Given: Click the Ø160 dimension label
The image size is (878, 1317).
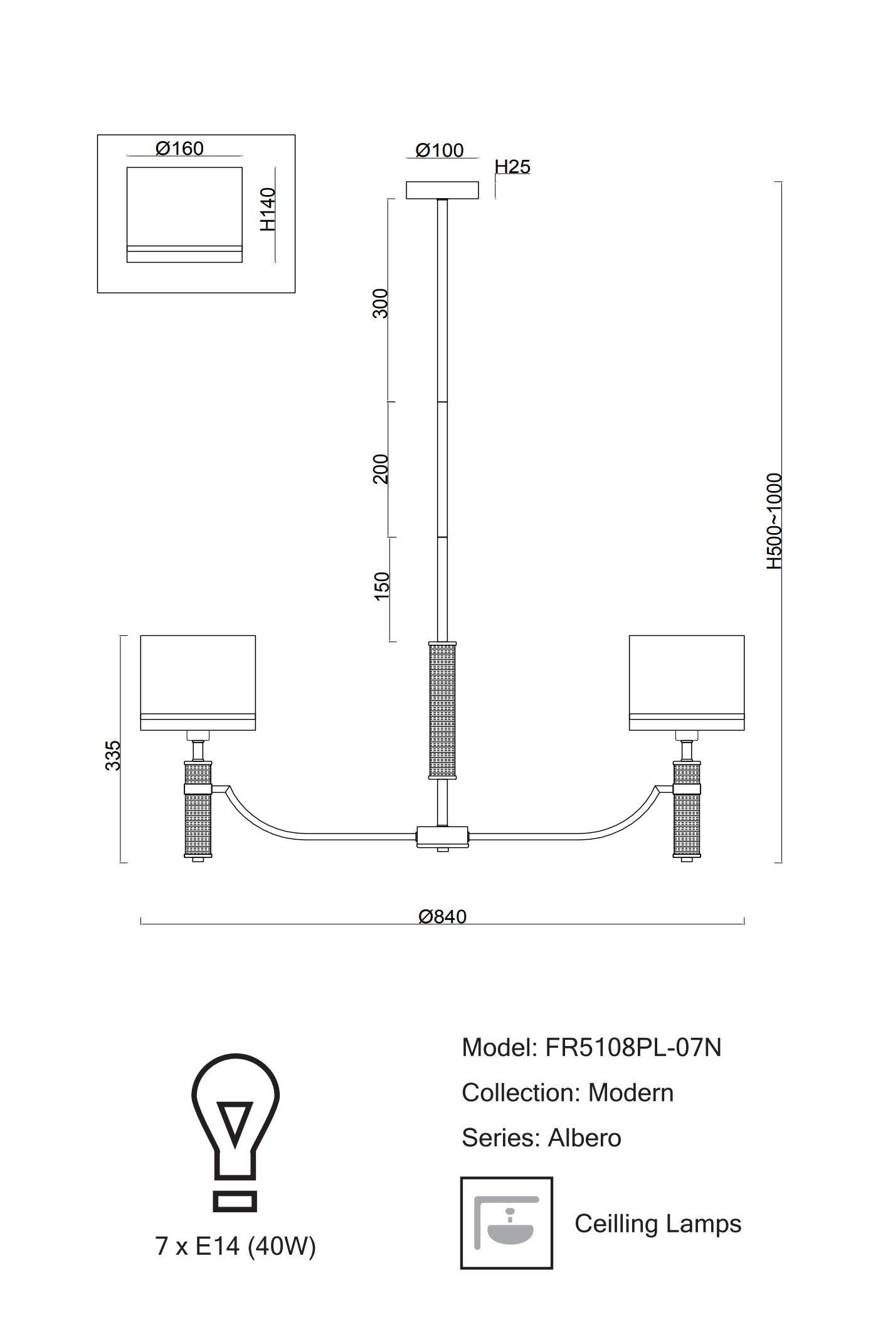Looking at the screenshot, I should tap(179, 149).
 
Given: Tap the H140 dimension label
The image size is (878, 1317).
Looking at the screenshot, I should tap(268, 209).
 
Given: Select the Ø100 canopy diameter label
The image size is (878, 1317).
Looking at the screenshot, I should tap(440, 151).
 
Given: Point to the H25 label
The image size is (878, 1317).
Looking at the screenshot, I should tap(512, 167).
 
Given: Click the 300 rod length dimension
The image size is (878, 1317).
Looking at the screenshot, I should tap(381, 304).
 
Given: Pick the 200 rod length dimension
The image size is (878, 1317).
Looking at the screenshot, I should tap(381, 468).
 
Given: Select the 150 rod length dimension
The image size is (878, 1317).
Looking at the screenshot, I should tap(381, 586).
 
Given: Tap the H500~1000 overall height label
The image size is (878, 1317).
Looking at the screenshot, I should tap(775, 521).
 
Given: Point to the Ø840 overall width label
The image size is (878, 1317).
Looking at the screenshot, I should tap(443, 917).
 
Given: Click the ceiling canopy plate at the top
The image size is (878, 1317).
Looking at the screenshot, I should tap(442, 190).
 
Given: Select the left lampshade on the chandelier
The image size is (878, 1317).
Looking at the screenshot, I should tap(198, 682).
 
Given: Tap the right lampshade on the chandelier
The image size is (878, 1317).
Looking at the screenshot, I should tap(687, 682).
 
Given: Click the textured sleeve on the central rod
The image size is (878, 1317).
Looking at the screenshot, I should tap(442, 710).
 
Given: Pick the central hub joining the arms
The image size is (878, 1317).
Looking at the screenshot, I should tap(443, 836).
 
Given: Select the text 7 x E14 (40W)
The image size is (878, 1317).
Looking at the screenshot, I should tap(235, 1247).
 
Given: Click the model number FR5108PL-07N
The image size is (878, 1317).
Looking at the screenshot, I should tap(633, 1048).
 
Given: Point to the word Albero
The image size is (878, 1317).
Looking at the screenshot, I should tap(584, 1138).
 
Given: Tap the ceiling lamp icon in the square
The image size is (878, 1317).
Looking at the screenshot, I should tap(507, 1223).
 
